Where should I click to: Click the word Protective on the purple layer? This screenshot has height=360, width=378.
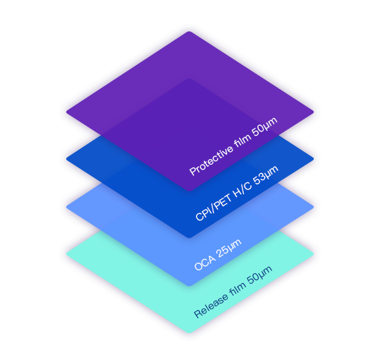[x=212, y=160]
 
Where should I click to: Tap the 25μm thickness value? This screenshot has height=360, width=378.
[x=229, y=249]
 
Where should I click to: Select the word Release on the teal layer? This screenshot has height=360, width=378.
[x=211, y=306]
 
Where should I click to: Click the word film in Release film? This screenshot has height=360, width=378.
[x=237, y=289]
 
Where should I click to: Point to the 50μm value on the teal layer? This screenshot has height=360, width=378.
[x=259, y=275]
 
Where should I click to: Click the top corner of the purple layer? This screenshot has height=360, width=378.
[x=189, y=31]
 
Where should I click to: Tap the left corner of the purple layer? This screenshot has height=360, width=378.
[x=66, y=111]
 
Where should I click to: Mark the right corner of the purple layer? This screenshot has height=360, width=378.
[x=313, y=112]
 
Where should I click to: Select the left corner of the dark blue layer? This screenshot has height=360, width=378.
[x=66, y=158]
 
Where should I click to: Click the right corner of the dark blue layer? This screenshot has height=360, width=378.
[x=313, y=159]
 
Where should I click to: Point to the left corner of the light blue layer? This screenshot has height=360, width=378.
[x=66, y=207]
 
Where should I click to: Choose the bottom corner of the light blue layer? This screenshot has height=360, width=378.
[x=189, y=286]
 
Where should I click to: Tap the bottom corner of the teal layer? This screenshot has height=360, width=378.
[x=189, y=333]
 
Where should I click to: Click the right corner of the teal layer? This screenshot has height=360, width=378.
[x=313, y=254]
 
